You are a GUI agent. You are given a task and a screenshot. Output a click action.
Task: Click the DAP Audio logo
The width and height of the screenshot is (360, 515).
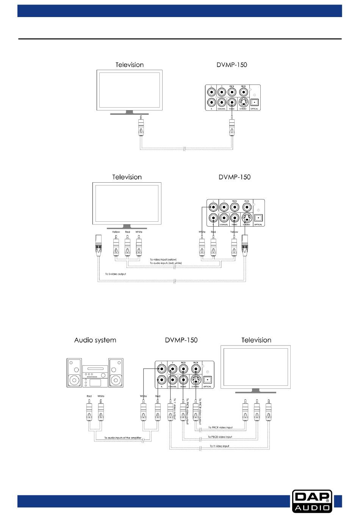[312, 501]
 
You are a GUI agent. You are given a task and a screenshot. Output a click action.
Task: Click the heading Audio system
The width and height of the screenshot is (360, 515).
[95, 340]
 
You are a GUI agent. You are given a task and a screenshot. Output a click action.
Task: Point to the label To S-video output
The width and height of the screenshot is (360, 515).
[116, 274]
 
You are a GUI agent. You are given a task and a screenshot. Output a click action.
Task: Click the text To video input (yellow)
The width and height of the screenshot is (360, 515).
[163, 260]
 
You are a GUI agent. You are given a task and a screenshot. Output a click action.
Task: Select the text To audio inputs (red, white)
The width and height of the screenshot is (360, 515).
[166, 263]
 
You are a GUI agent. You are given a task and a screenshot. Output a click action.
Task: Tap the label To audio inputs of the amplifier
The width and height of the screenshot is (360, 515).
[123, 438]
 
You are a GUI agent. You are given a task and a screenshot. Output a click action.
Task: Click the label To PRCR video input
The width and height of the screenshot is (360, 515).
[220, 427]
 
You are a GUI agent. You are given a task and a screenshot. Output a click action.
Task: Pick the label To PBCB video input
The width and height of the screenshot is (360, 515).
[220, 437]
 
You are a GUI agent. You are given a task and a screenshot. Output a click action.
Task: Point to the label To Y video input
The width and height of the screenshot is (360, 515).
[219, 446]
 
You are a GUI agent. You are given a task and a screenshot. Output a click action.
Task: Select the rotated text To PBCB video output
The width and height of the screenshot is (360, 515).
[187, 411]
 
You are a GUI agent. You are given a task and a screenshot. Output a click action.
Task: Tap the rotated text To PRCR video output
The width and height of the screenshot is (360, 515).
[200, 411]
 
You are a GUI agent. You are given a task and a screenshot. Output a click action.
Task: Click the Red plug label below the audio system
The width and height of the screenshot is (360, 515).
[89, 396]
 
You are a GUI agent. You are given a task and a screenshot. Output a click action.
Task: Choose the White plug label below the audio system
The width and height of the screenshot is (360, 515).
[101, 396]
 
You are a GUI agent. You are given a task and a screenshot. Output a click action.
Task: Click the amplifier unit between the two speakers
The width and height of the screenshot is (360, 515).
[95, 376]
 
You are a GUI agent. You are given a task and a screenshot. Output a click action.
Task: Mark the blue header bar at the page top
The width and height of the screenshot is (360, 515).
[180, 11]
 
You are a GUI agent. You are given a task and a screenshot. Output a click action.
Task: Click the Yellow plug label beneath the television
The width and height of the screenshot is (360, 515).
[116, 232]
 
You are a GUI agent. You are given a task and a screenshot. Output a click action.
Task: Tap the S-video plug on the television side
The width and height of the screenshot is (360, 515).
[99, 245]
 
